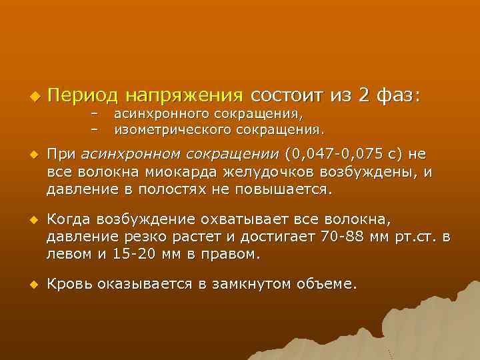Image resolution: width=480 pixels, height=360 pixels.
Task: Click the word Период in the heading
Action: [x=83, y=95]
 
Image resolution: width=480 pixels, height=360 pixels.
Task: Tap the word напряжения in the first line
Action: [x=185, y=95]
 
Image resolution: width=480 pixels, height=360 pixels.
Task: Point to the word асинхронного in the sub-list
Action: [x=155, y=113]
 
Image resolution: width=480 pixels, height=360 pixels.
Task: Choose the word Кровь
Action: [x=70, y=285]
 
